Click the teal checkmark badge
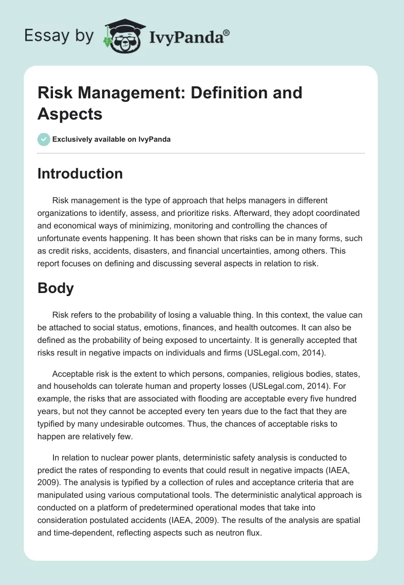click(44, 139)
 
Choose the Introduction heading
click(80, 173)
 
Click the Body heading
click(56, 288)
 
